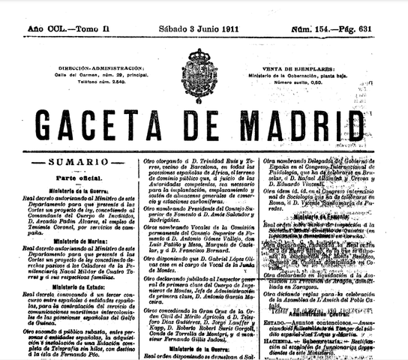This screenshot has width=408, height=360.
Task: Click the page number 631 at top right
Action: [x=391, y=28]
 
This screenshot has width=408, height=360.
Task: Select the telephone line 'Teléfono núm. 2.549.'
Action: [x=81, y=84]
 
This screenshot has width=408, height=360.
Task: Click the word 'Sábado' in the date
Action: [x=174, y=28]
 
